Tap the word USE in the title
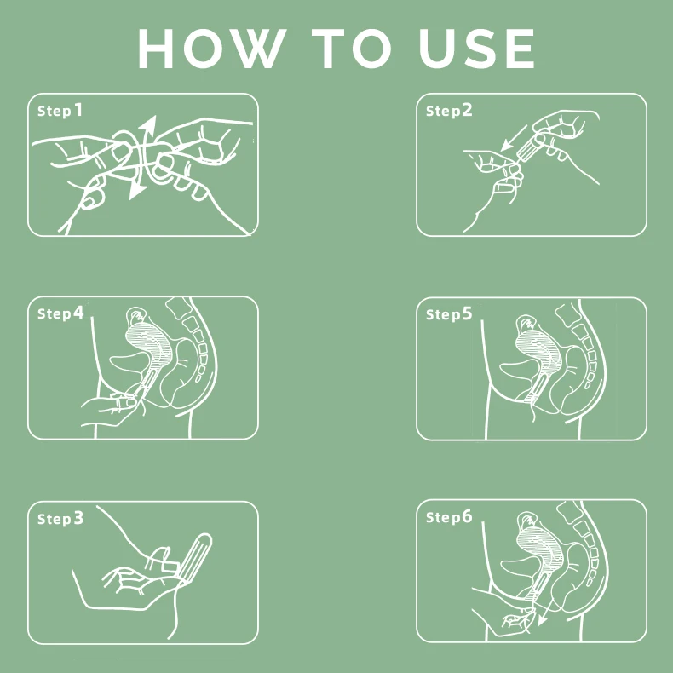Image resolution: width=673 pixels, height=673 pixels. click(476, 49)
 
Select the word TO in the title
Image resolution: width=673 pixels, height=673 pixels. click(352, 49)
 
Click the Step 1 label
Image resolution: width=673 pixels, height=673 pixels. click(60, 111)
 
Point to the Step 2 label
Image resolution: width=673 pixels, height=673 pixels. click(449, 111)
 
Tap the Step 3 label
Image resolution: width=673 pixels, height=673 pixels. click(60, 519)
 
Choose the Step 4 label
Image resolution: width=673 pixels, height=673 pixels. click(60, 313)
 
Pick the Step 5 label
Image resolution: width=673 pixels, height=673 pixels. click(449, 314)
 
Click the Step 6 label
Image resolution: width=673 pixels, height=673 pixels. click(449, 517)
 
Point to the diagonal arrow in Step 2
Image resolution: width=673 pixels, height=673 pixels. click(514, 138)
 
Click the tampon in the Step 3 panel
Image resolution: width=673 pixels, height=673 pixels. click(196, 557)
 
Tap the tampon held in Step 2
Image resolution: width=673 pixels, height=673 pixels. click(529, 147)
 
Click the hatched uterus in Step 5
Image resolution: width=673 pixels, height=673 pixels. click(538, 352)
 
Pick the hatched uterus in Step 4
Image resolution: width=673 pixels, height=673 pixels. click(149, 344)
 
